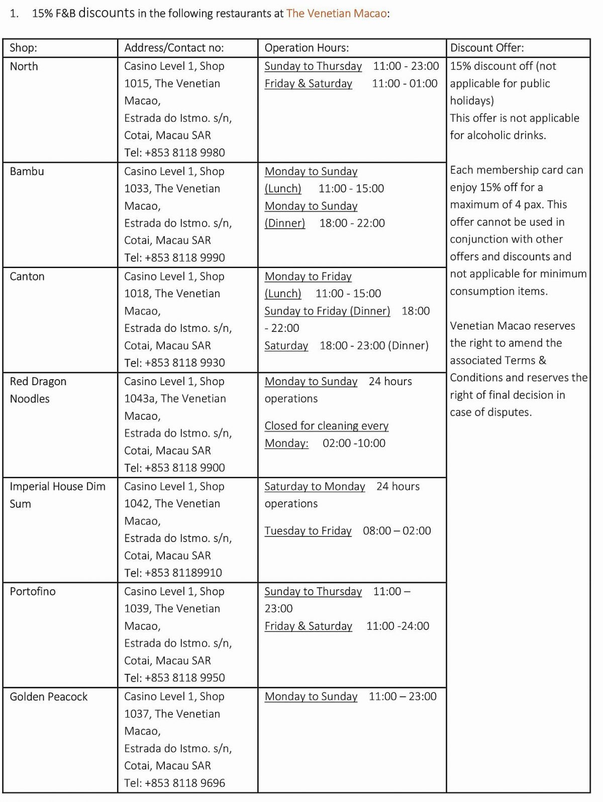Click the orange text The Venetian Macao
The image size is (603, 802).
[336, 14]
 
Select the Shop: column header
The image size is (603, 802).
[23, 48]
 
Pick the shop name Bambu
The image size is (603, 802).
[27, 171]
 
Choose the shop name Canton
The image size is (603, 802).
[27, 277]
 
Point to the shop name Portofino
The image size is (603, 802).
[33, 591]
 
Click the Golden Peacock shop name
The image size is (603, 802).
[49, 696]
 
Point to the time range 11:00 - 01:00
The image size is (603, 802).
[405, 83]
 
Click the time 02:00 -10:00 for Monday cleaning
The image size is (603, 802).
[354, 443]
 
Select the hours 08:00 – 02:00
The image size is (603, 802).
[396, 531]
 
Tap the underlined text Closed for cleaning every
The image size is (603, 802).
[326, 426]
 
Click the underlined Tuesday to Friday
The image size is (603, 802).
[308, 531]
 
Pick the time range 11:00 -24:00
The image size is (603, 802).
[397, 626]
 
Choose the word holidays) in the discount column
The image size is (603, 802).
[471, 101]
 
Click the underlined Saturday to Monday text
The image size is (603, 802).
[315, 487]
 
